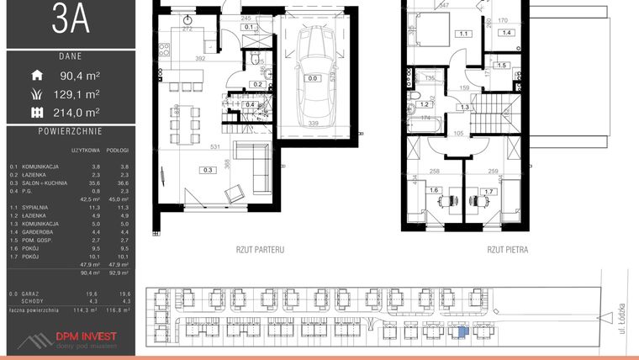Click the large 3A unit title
69,20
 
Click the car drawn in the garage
313,78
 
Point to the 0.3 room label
184,170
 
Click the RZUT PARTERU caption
261,250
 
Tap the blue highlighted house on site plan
459,331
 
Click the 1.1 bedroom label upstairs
464,34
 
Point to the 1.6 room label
435,191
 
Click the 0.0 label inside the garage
313,78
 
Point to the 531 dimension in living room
215,147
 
